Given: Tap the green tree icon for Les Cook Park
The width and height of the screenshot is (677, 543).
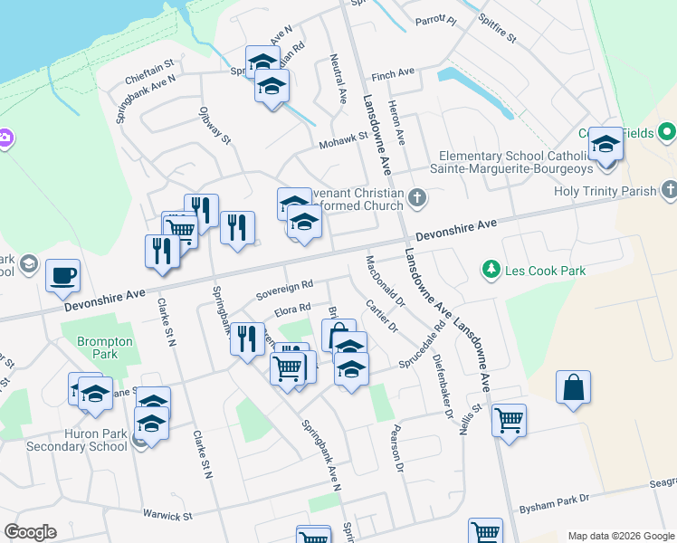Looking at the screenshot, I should click(x=491, y=269).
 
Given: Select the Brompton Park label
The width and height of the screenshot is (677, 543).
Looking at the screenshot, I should click(x=105, y=348).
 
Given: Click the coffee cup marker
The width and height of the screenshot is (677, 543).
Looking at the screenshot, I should click(x=62, y=275).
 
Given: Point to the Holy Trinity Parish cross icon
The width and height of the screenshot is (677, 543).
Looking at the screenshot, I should click(x=669, y=190).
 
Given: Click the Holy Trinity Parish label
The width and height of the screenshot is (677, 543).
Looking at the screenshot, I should click(x=605, y=191).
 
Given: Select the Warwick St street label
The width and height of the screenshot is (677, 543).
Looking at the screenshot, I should click(x=168, y=516).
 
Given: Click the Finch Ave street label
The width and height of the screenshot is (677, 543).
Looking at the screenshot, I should click(x=393, y=71).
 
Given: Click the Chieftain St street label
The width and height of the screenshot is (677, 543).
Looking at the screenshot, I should click(x=148, y=72).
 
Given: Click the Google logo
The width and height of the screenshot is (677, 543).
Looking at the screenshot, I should click(x=30, y=532).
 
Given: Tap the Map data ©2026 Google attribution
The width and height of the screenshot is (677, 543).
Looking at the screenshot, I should click(x=620, y=535).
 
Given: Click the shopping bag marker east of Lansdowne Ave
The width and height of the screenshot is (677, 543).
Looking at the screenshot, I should click(x=574, y=388).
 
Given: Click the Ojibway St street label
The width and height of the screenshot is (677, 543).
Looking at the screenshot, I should click(x=215, y=127).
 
